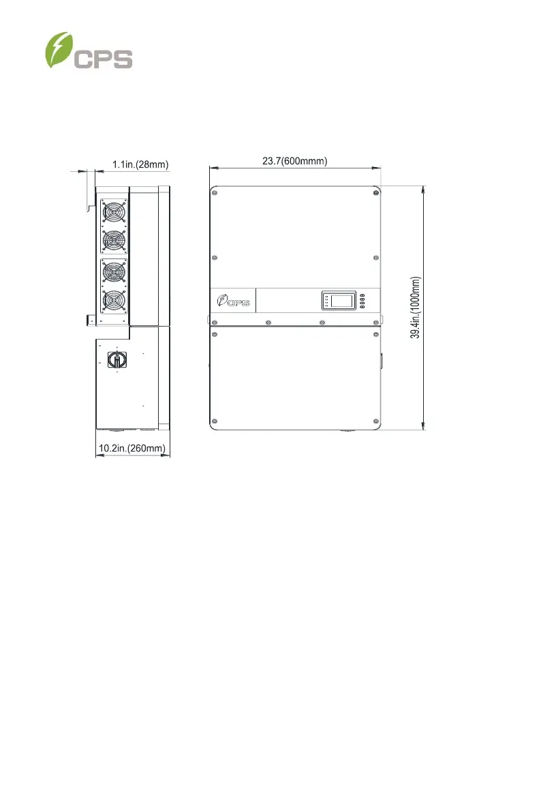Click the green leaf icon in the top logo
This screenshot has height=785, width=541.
click(59, 50)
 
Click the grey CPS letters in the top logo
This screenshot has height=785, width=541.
click(104, 59)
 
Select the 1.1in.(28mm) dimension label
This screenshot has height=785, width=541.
click(140, 164)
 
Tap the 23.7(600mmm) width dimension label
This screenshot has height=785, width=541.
click(295, 161)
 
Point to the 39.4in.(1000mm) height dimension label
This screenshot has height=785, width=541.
click(416, 308)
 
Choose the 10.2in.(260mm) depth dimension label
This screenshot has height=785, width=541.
click(132, 447)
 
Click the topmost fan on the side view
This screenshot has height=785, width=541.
click(114, 212)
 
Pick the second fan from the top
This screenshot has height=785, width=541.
click(114, 241)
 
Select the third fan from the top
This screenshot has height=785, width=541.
click(114, 272)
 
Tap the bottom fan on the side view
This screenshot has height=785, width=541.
click(114, 301)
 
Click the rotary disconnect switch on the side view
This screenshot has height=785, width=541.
click(117, 359)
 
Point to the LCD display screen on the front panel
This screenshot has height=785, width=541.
click(339, 300)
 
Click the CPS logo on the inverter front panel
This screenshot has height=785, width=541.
click(233, 301)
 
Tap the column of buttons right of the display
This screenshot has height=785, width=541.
click(362, 300)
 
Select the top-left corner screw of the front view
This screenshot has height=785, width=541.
click(215, 193)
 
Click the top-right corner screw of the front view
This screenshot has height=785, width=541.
click(376, 193)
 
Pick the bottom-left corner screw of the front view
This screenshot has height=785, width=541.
click(215, 421)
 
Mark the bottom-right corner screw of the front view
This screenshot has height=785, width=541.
click(376, 421)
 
